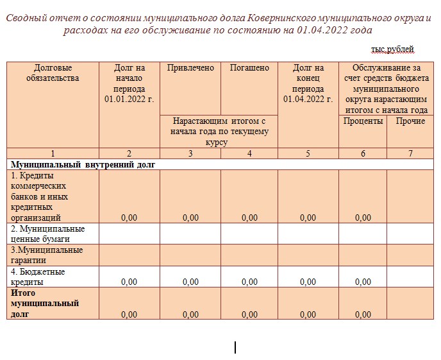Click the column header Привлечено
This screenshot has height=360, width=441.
point(190,68)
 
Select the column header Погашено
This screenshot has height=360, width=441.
point(249,68)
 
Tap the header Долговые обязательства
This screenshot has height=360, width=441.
point(53,73)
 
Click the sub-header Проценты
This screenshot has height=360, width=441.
point(363,121)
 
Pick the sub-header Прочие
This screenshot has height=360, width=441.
point(410,121)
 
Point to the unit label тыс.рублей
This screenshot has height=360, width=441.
point(392,49)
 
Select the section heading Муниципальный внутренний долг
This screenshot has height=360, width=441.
point(83,164)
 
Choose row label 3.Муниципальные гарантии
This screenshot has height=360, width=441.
point(46,255)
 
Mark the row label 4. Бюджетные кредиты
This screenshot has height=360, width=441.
point(38,277)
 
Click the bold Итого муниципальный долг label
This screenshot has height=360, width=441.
point(45,304)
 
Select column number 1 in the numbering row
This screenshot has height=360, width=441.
point(53,153)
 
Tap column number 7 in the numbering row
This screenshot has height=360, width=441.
point(410,153)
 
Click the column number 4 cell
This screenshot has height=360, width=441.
point(249,153)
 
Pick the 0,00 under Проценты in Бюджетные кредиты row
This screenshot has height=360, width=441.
point(363,282)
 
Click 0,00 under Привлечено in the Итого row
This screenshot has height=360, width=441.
point(190,314)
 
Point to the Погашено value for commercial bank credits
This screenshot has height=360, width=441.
point(249,218)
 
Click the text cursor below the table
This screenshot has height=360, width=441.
point(235,347)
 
